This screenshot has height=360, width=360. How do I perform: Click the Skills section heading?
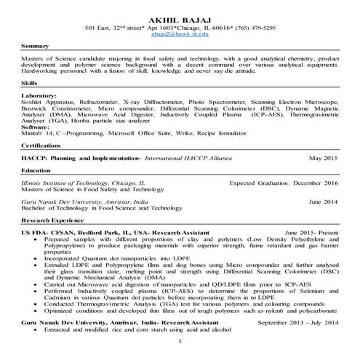29,84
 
